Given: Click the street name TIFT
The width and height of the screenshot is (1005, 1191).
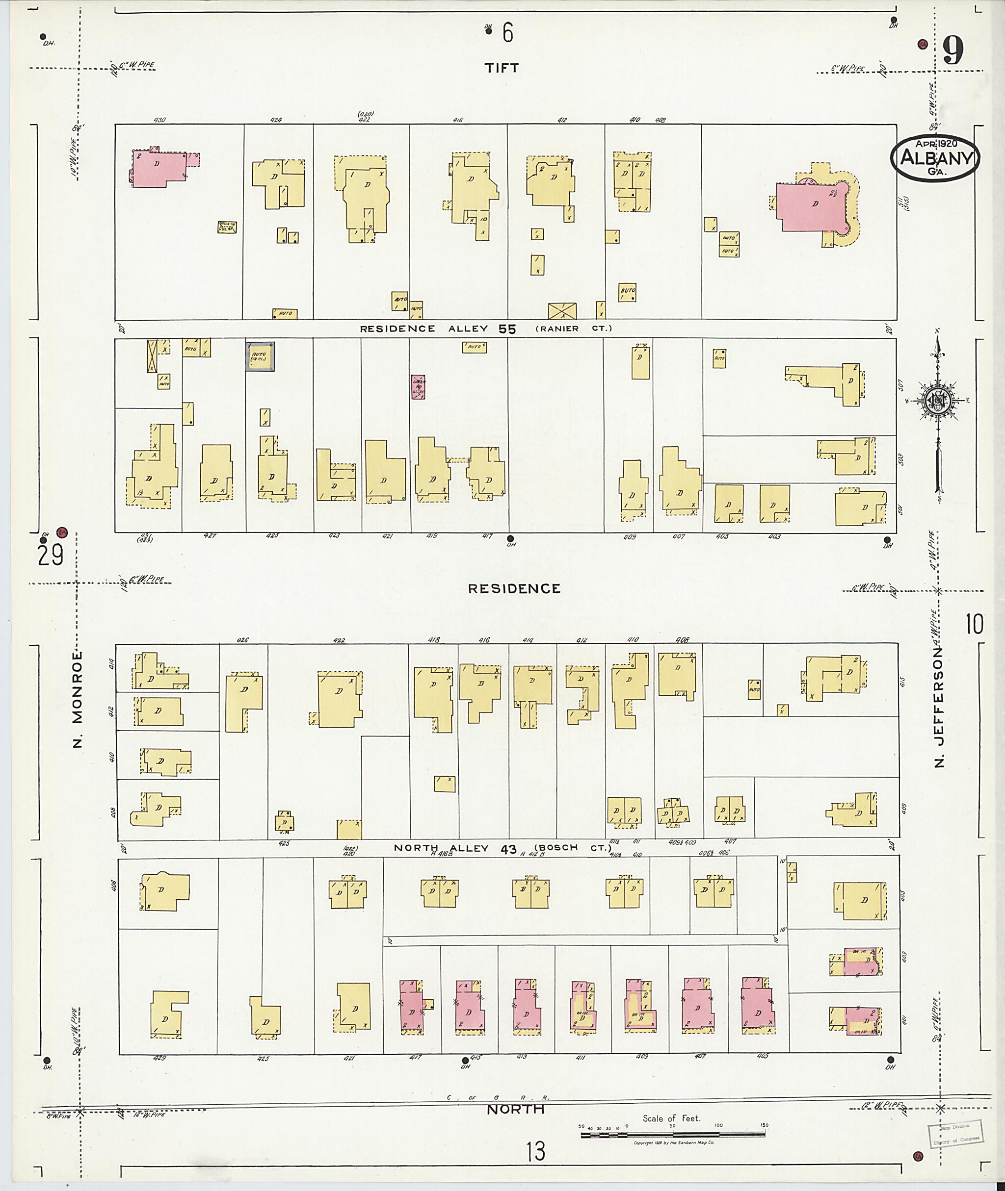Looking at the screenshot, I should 502,68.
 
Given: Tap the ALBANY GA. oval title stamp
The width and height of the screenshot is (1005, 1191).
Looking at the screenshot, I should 935,159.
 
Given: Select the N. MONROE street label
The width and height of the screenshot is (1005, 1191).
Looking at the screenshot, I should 78,699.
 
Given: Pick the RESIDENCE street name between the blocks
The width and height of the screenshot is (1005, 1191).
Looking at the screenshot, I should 514,589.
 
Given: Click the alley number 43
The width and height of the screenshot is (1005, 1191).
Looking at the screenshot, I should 508,849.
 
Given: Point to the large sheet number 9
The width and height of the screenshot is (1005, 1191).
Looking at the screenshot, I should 952,51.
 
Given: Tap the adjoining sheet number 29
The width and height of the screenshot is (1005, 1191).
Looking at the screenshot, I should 50,555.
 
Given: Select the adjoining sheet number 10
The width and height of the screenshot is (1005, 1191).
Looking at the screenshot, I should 974,625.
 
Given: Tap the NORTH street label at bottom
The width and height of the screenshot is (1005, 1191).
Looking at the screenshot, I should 516,1109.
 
